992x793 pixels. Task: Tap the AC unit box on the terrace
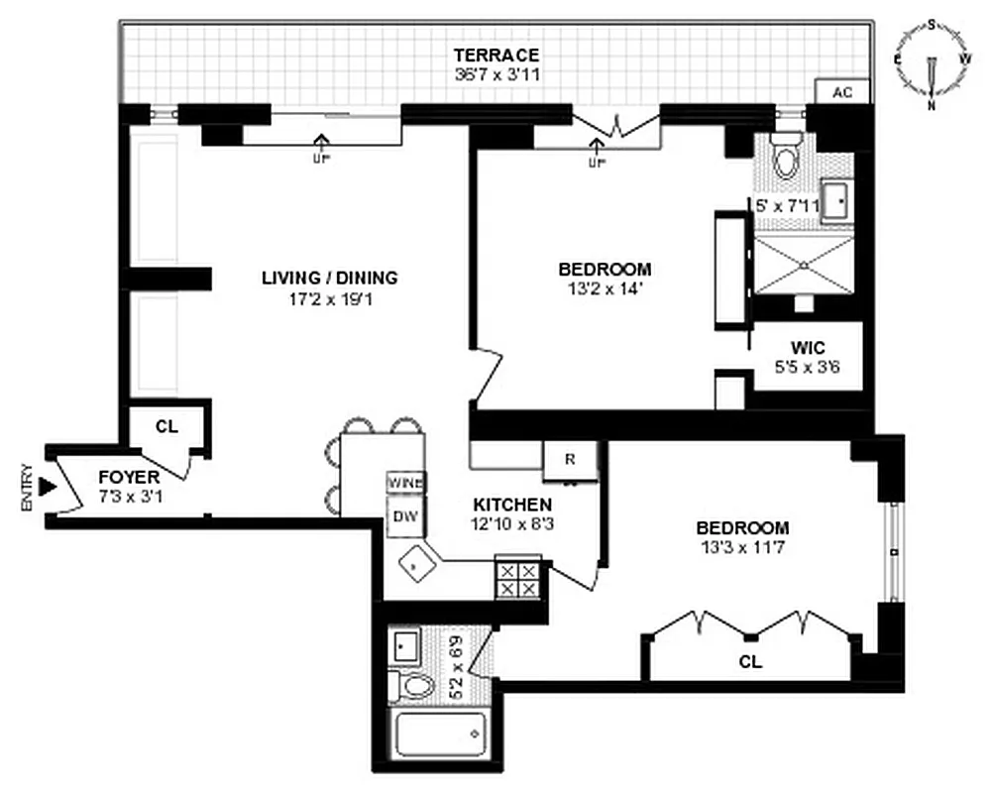tap(842, 92)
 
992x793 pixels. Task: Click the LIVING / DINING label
tap(329, 278)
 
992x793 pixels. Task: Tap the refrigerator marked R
tap(570, 459)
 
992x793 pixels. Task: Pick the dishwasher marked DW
tap(404, 515)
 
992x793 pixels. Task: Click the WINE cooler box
tap(405, 482)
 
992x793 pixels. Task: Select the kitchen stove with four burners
tap(516, 579)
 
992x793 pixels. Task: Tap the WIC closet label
tap(809, 349)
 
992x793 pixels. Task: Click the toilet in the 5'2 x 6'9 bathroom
tap(411, 685)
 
